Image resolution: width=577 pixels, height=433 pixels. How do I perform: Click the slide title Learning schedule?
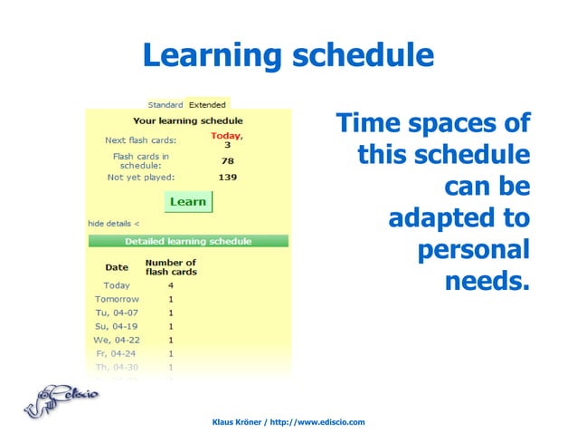point(288,56)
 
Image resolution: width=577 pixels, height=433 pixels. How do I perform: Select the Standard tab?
point(166,104)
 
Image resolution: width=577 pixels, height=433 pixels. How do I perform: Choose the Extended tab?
point(207,104)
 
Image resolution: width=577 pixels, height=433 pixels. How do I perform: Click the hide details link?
point(114,222)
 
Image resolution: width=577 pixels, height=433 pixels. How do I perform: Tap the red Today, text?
point(227,136)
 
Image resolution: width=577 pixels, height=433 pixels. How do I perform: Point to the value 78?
point(227,161)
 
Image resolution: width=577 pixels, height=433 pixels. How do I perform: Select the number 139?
point(227,178)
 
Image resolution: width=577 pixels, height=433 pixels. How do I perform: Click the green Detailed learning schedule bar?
point(188,242)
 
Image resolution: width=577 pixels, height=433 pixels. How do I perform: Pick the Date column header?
point(117,267)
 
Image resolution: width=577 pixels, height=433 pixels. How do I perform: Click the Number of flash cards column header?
point(171,267)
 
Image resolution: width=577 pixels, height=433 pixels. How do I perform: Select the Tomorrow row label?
point(117,299)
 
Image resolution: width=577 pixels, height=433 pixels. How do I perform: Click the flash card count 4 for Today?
point(171,285)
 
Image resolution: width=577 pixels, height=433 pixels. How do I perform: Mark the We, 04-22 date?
point(117,340)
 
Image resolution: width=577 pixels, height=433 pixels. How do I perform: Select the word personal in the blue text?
point(473,250)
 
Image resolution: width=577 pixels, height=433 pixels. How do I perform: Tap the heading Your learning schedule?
point(188,120)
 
